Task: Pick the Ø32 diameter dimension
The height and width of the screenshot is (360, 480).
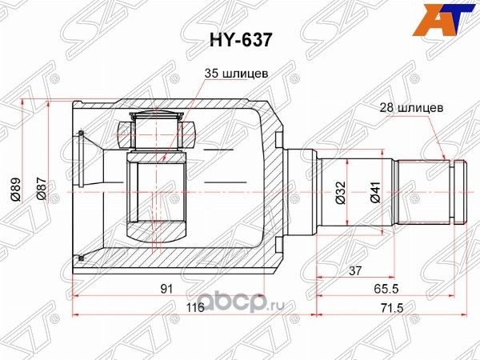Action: (x=339, y=191)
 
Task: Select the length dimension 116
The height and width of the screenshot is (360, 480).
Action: (x=196, y=308)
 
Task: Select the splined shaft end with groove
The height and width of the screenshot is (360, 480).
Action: (x=432, y=190)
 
